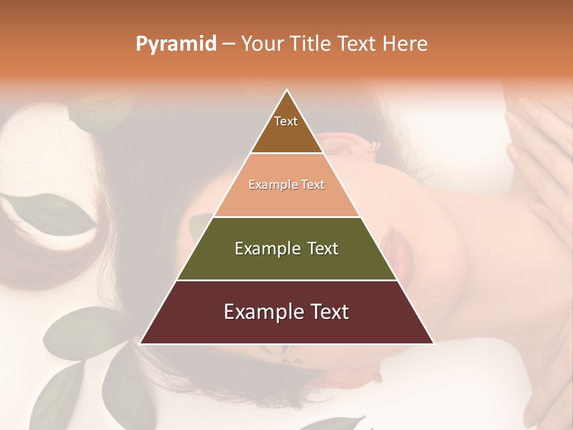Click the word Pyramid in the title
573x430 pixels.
coord(175,44)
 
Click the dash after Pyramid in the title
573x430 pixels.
coord(228,44)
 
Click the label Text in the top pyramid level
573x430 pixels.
coord(286,121)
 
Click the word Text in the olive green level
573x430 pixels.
coord(322,248)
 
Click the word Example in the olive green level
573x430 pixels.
coord(267,248)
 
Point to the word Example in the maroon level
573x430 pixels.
coord(261,312)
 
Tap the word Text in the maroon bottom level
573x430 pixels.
coord(329,312)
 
